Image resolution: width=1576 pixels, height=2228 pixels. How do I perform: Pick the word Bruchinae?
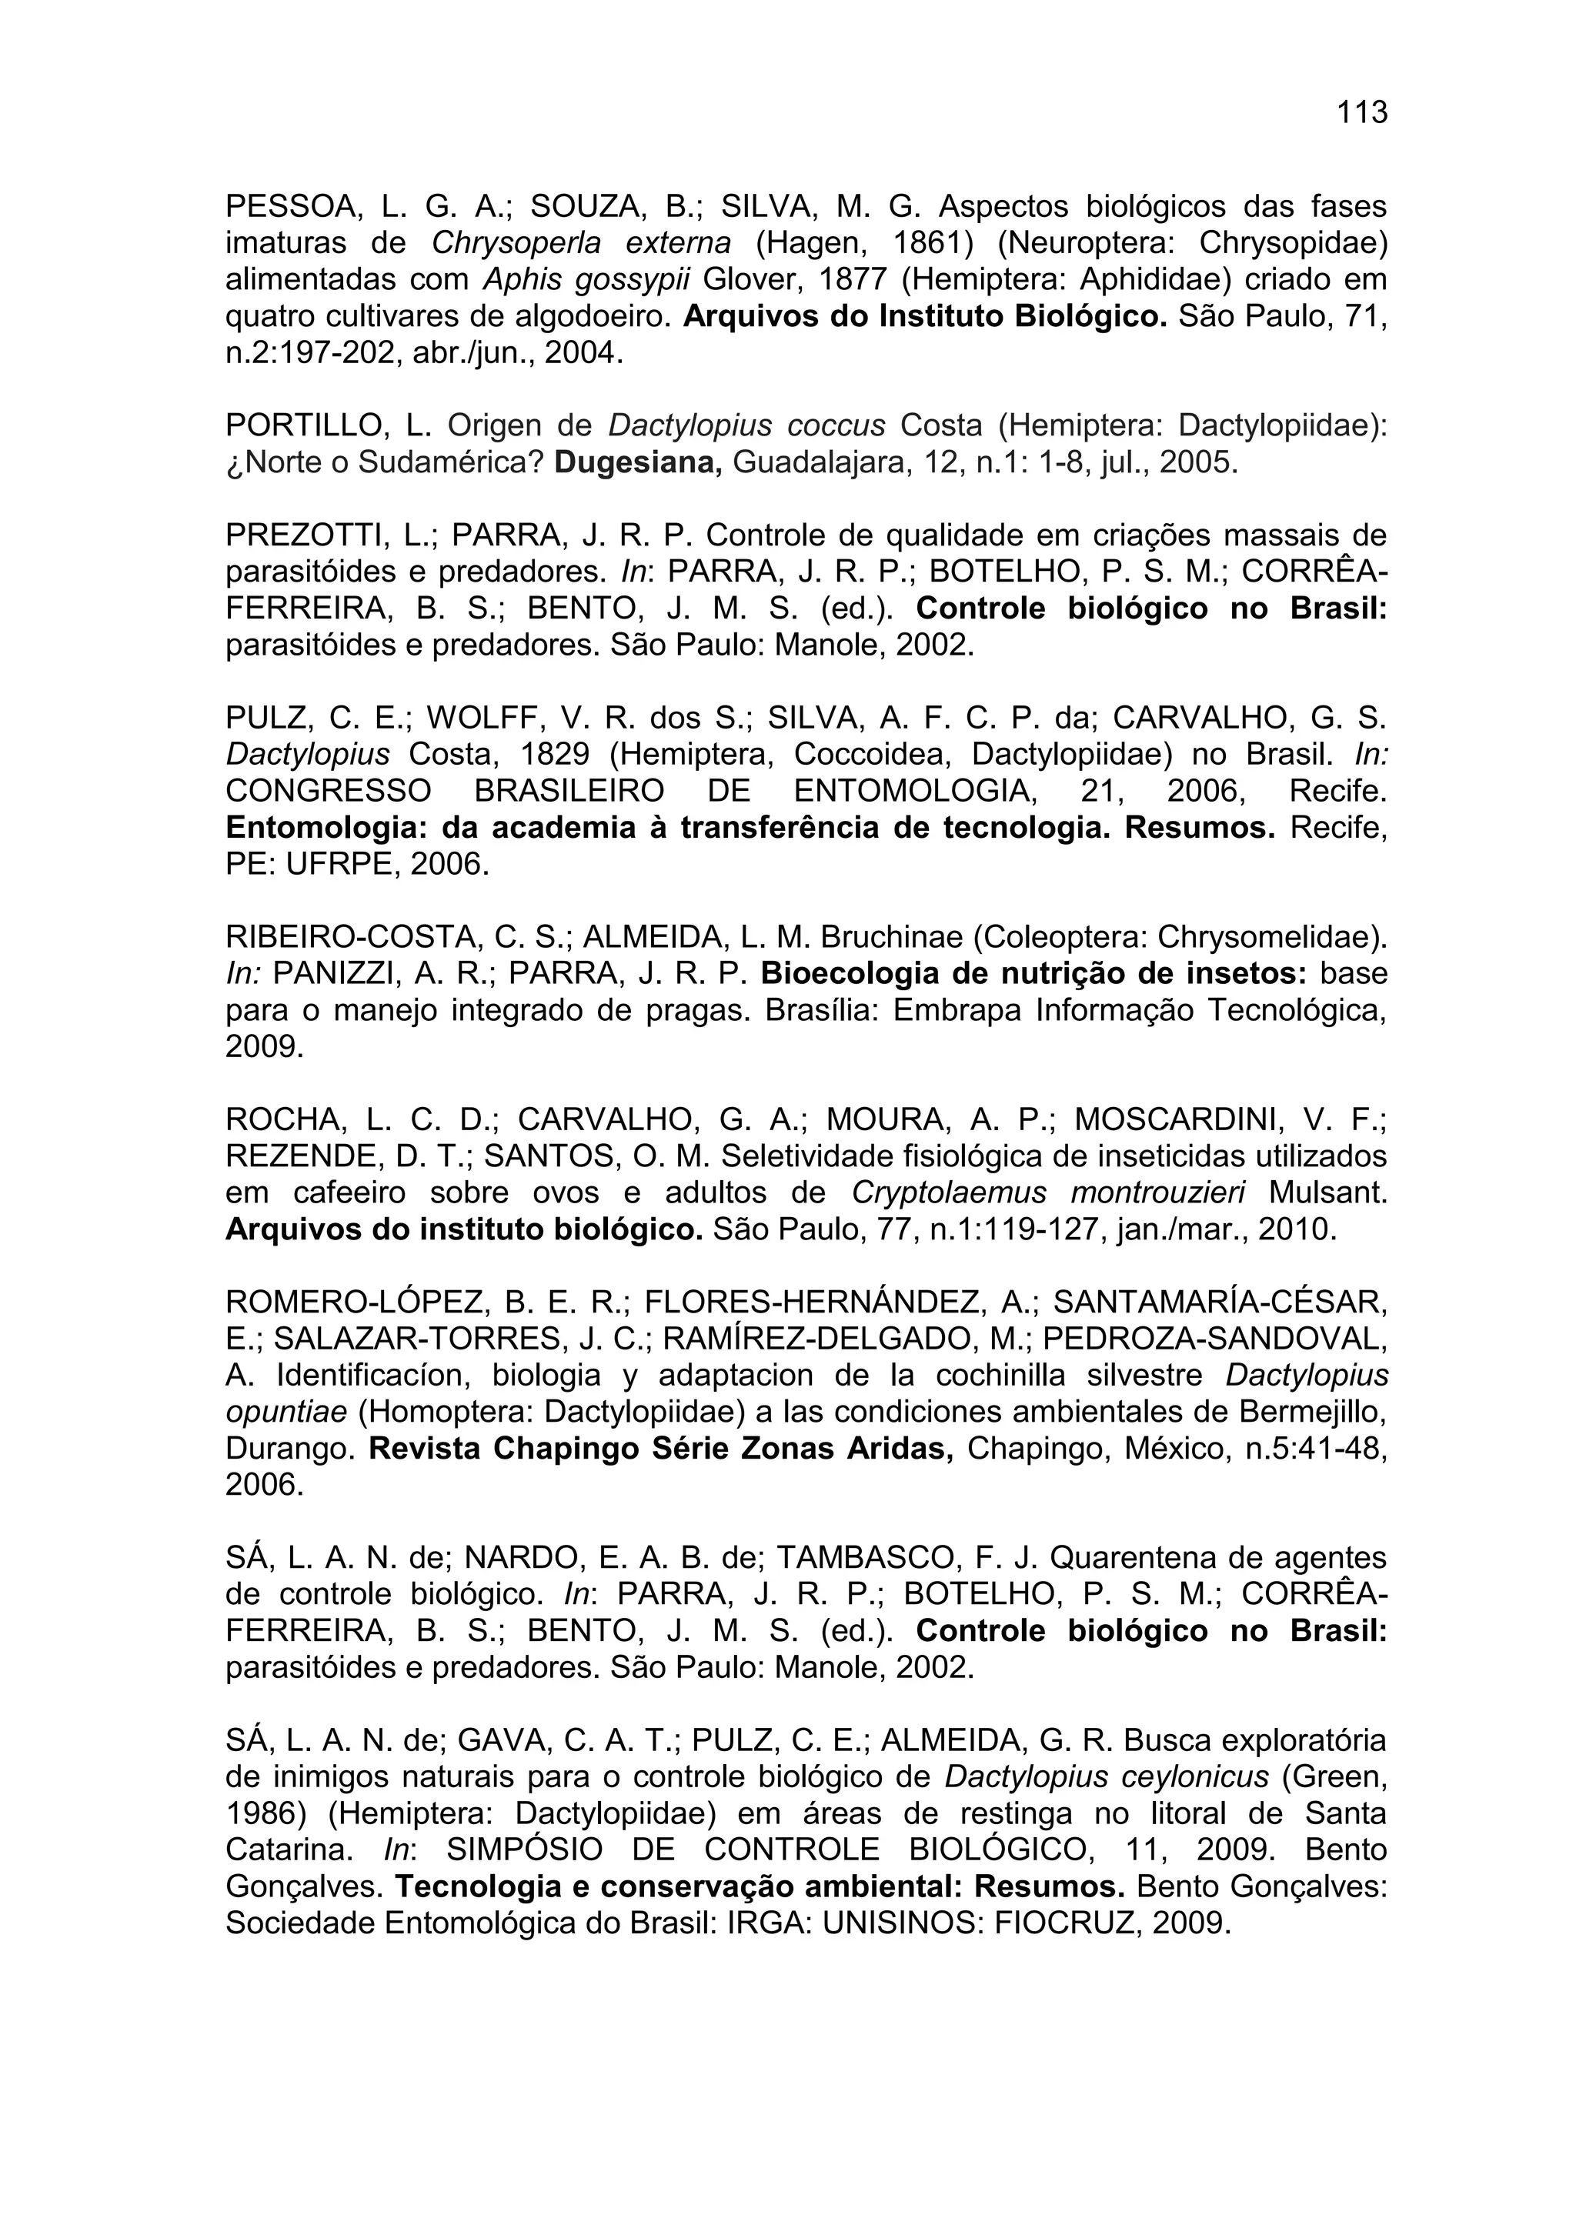(x=893, y=936)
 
